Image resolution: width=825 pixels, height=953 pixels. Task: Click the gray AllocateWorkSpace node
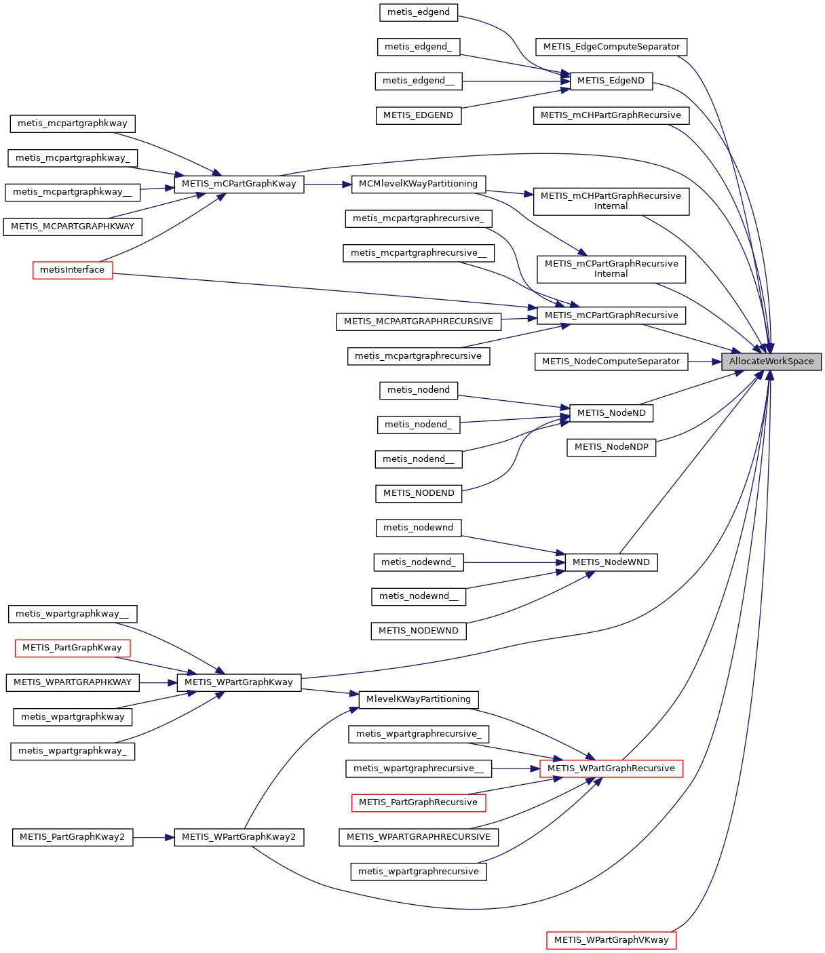771,362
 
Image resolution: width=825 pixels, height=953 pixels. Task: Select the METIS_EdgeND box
611,81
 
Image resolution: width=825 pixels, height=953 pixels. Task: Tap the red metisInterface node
73,270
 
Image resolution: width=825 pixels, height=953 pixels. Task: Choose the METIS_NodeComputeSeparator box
611,362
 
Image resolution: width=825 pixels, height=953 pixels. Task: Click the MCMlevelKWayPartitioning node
418,184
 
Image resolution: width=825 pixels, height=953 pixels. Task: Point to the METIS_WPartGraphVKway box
611,940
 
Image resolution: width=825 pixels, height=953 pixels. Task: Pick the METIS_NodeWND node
611,562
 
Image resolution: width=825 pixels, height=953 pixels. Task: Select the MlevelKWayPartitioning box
418,699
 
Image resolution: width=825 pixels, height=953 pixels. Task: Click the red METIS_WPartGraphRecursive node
611,769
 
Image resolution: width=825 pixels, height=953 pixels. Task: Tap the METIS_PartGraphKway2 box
72,837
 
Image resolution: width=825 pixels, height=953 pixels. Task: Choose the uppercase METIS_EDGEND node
418,115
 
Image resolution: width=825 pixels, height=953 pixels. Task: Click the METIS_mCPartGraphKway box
239,184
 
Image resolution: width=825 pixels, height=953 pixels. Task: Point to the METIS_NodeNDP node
611,447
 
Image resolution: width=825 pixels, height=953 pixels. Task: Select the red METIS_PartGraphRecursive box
418,802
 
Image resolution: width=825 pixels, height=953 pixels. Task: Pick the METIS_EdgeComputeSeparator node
611,47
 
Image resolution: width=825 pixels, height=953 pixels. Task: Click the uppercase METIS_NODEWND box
418,631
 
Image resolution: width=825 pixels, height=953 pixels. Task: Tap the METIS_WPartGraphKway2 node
239,837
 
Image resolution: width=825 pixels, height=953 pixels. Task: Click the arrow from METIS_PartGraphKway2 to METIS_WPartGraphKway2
153,837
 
